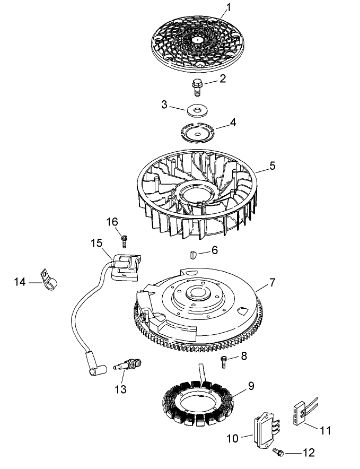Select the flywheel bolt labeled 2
[x=198, y=85]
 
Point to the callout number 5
[x=272, y=166]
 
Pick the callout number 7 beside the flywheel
[x=272, y=283]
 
